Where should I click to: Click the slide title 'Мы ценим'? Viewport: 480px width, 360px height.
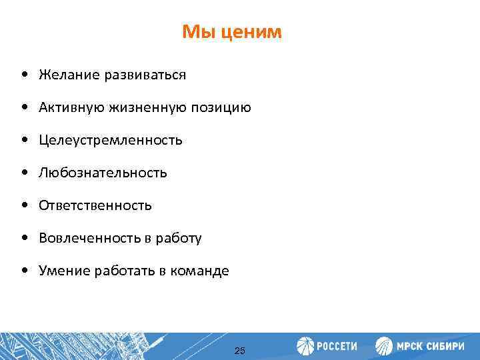(x=232, y=32)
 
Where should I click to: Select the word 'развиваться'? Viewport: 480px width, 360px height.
(x=144, y=75)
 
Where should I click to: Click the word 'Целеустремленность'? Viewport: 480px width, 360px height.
(x=110, y=141)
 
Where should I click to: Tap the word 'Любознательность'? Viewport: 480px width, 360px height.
(x=103, y=173)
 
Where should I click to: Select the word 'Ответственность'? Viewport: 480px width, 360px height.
(x=95, y=206)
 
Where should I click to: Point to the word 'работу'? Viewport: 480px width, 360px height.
(x=179, y=239)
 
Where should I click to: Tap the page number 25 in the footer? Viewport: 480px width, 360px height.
(x=240, y=351)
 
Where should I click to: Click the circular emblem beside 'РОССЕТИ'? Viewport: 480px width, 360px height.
(x=306, y=347)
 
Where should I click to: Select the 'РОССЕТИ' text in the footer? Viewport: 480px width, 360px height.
(x=337, y=347)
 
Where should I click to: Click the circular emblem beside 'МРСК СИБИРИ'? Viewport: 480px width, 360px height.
(x=385, y=347)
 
